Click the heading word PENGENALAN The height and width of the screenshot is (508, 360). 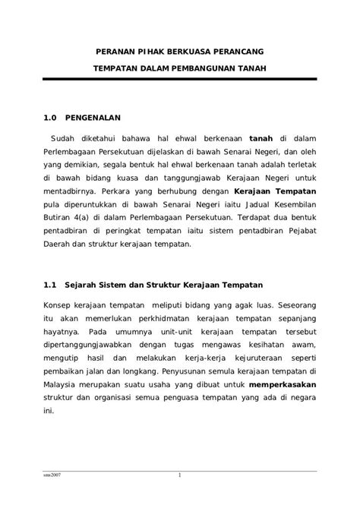point(93,118)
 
